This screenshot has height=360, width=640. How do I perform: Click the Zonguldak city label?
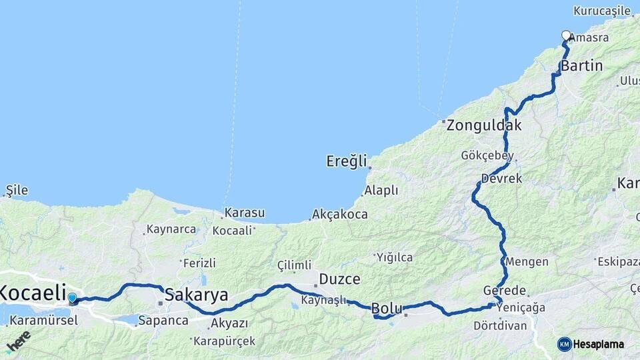coord(484,125)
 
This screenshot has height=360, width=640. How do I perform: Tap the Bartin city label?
coord(581,66)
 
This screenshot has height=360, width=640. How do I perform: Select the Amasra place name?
coord(589,38)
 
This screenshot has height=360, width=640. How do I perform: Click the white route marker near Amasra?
coord(566,35)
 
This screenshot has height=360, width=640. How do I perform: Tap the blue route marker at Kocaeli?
coord(72,298)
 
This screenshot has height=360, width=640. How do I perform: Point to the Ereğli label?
coord(347,161)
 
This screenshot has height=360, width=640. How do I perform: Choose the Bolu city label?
coord(387,308)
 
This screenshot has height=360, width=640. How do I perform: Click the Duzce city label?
coord(339,279)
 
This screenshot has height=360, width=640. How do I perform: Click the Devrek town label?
coord(501,179)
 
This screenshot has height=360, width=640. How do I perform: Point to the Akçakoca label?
coord(339,215)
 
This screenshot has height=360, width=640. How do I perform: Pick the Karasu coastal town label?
coord(245,213)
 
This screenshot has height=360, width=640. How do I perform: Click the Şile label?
coord(17,190)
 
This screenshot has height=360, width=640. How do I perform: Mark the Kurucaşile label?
coord(601,11)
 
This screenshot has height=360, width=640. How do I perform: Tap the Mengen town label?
coord(527,261)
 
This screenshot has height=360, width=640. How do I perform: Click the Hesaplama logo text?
coord(598,344)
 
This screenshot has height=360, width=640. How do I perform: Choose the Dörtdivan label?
coord(500,326)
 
